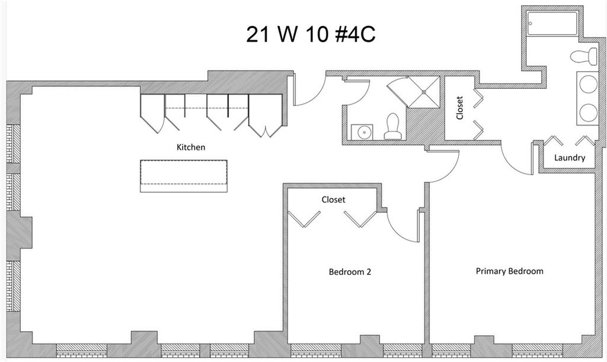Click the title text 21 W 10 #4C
click(310, 34)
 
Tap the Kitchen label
click(191, 147)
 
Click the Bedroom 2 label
click(350, 272)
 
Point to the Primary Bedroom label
click(509, 271)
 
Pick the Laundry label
click(569, 158)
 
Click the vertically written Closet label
click(460, 108)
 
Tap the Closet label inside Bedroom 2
click(333, 200)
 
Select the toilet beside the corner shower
click(392, 127)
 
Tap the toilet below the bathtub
click(584, 57)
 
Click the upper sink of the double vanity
click(587, 85)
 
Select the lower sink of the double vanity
click(587, 112)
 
